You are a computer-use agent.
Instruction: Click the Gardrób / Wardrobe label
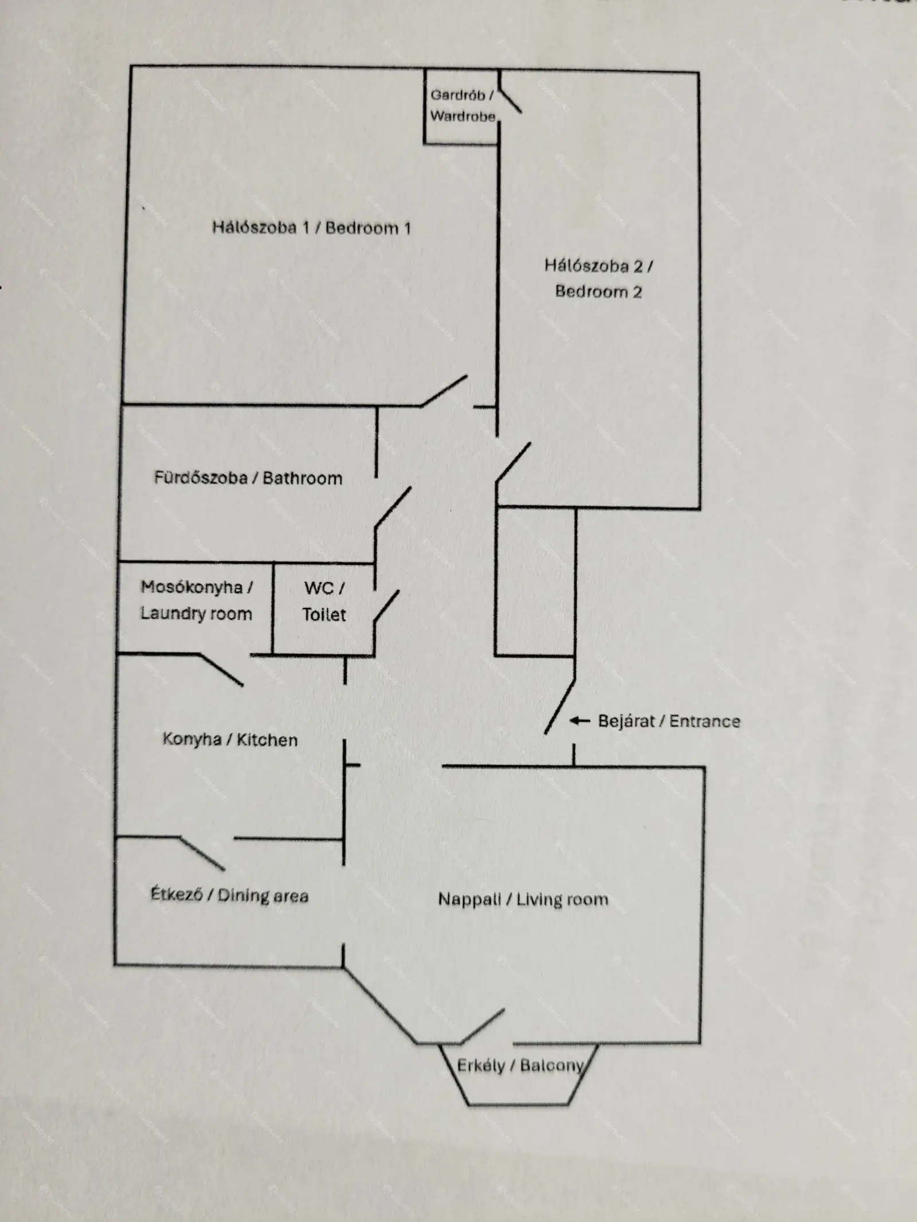tap(463, 105)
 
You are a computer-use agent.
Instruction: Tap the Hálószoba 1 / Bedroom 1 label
tap(312, 228)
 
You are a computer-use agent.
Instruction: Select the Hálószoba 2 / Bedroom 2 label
tap(598, 278)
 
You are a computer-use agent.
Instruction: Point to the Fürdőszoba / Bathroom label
tap(248, 478)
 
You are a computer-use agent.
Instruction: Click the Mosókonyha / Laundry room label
tap(197, 600)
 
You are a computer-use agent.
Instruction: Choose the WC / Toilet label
tap(324, 601)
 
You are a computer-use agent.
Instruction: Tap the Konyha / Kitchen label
tap(230, 740)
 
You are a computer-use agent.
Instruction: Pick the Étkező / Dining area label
tap(229, 895)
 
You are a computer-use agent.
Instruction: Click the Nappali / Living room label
tap(523, 899)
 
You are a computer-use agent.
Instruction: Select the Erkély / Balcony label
tap(520, 1066)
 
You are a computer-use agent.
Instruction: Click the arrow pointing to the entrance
tap(579, 721)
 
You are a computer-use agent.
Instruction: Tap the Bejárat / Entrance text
tap(669, 721)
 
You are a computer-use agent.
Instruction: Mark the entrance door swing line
tap(559, 706)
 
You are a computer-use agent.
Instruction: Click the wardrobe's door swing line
tap(510, 100)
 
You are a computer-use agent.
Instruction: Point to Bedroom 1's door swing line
tap(444, 391)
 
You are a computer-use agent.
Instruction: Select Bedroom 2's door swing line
tap(513, 462)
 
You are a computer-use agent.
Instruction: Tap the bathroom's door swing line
tap(393, 508)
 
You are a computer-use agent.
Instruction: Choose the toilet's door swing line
tap(386, 607)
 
